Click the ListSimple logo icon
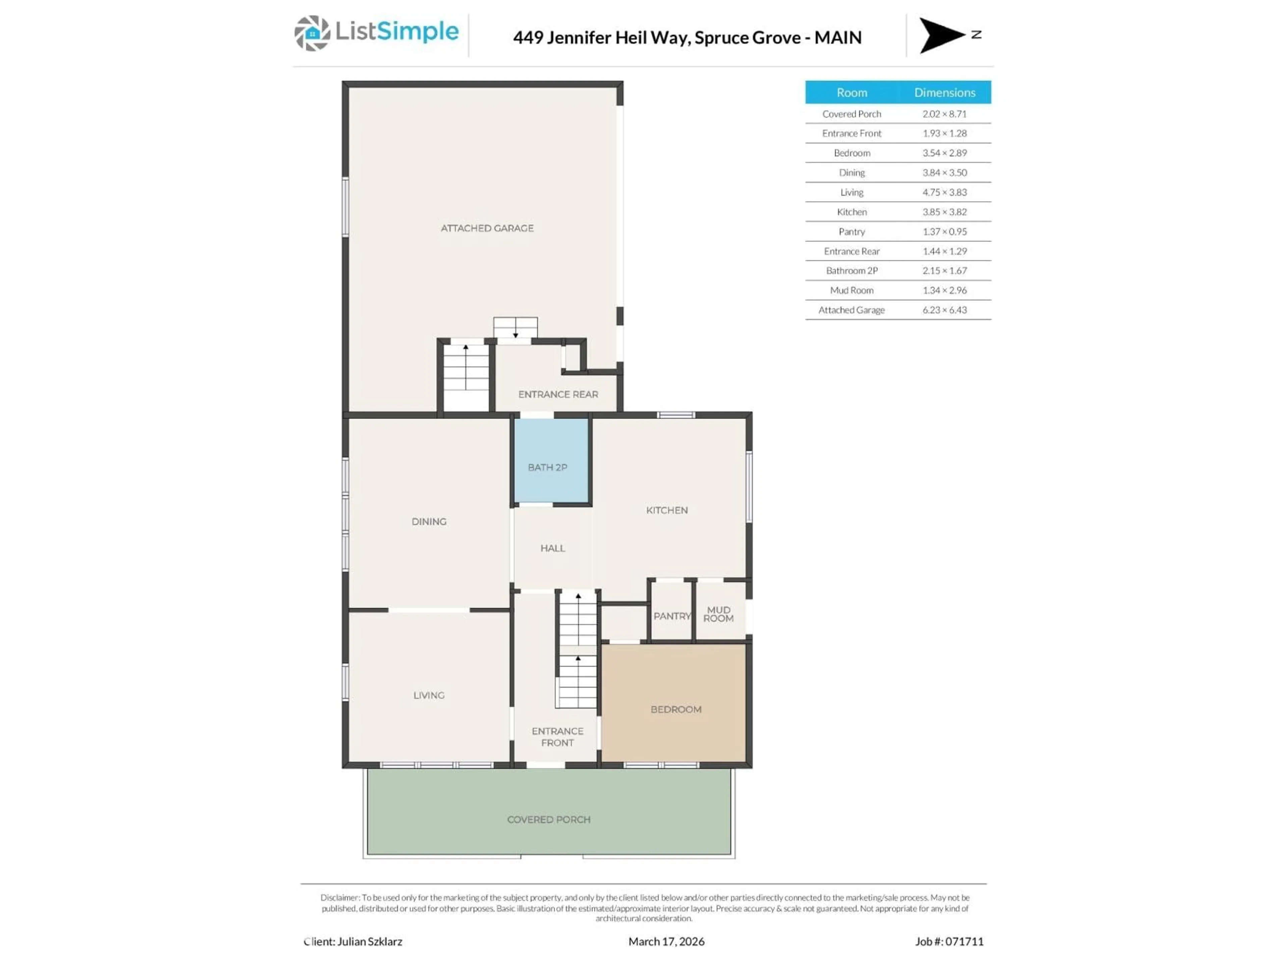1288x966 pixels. point(312,33)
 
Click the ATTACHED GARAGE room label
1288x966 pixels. point(487,228)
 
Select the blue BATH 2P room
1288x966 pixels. point(550,460)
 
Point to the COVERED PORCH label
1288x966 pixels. point(548,819)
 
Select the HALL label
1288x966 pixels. point(552,548)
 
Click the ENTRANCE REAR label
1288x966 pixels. point(558,394)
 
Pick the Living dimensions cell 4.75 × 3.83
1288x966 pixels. point(944,192)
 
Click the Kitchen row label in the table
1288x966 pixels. point(851,212)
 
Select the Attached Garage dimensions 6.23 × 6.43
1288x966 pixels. point(944,310)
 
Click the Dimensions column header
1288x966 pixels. point(944,93)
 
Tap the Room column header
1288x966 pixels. point(851,93)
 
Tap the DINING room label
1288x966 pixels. point(429,522)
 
